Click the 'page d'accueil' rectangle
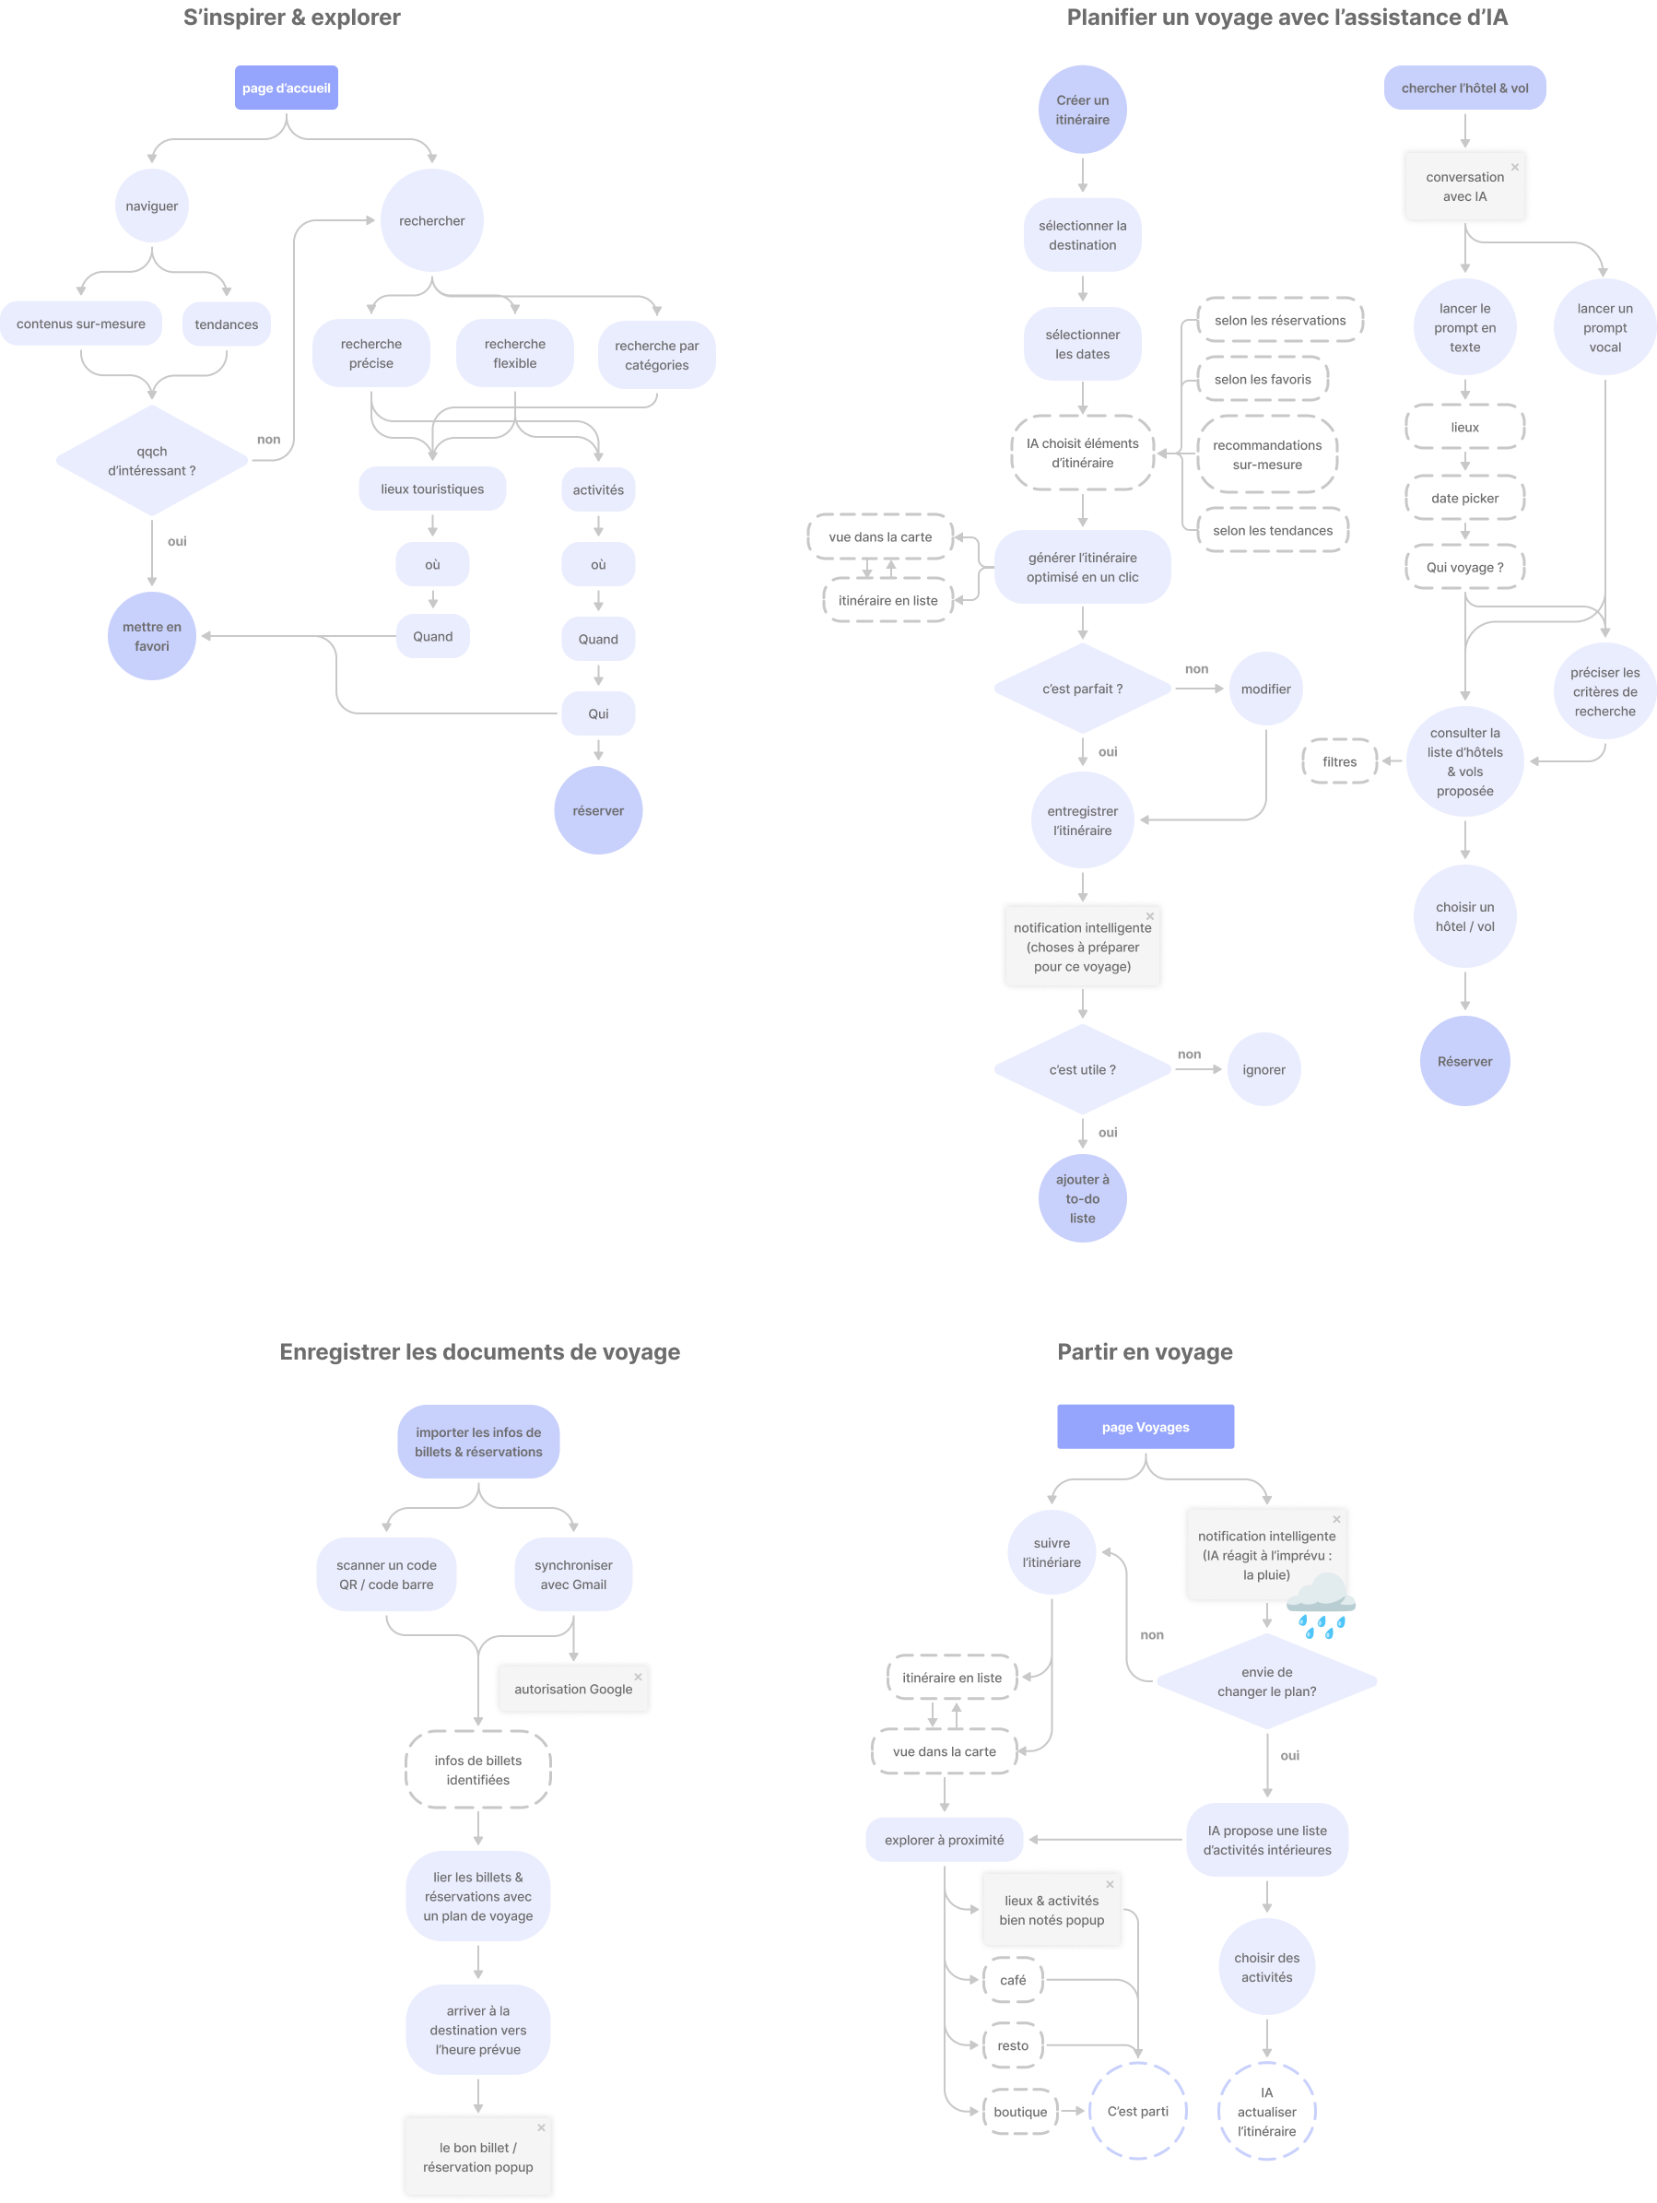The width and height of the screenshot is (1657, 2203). point(286,88)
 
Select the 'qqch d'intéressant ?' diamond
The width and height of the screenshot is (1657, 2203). point(151,460)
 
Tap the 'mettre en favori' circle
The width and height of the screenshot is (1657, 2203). point(151,636)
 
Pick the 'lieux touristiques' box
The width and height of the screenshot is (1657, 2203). point(432,489)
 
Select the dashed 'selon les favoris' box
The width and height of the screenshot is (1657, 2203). point(1262,380)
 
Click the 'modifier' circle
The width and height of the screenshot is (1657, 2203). point(1264,689)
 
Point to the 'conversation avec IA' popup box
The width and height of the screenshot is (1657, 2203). point(1463,187)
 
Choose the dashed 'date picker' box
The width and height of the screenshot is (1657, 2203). point(1463,498)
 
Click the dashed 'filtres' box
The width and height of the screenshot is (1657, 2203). point(1338,760)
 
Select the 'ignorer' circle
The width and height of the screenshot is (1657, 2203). point(1263,1068)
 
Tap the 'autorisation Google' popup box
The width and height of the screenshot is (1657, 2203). point(572,1688)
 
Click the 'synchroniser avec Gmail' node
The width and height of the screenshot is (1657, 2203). point(572,1573)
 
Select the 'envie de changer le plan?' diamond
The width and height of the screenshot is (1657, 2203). point(1265,1681)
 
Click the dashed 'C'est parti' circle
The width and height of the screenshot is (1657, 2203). point(1137,2111)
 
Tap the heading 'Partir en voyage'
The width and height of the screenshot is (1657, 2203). point(1145,1351)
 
